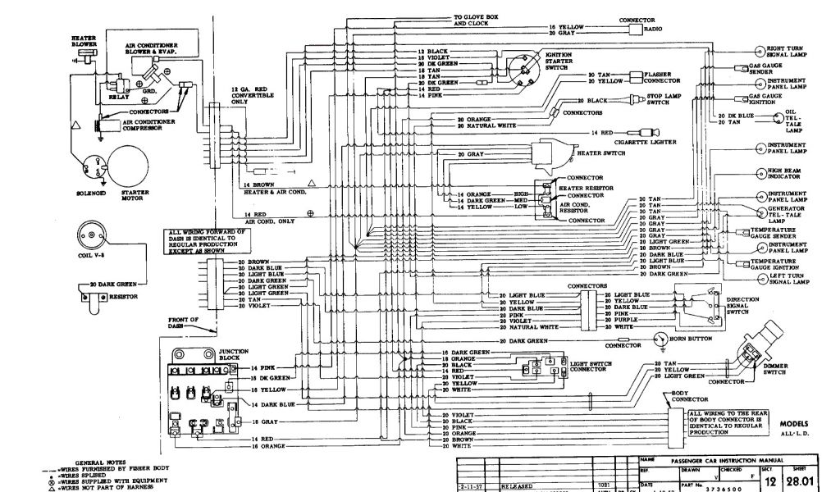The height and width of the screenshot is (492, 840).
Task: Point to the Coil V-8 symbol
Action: (x=95, y=235)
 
